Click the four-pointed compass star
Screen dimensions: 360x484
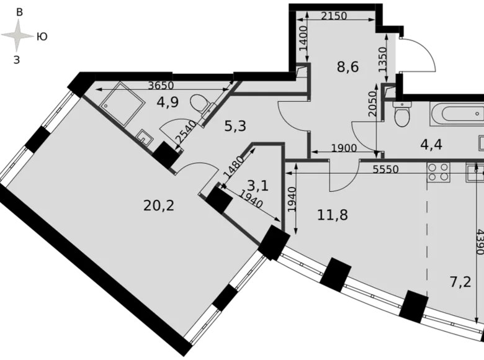tap(17, 35)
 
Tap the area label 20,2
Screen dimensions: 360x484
tap(159, 205)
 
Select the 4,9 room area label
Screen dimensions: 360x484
tap(167, 102)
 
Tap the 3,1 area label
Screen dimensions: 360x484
tap(258, 185)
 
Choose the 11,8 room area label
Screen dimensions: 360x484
tap(333, 215)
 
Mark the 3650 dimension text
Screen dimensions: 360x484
tap(160, 86)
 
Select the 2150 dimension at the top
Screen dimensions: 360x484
tap(335, 16)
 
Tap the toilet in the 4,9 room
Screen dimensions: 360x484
tap(200, 103)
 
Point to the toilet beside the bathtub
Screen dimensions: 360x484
tap(402, 114)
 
